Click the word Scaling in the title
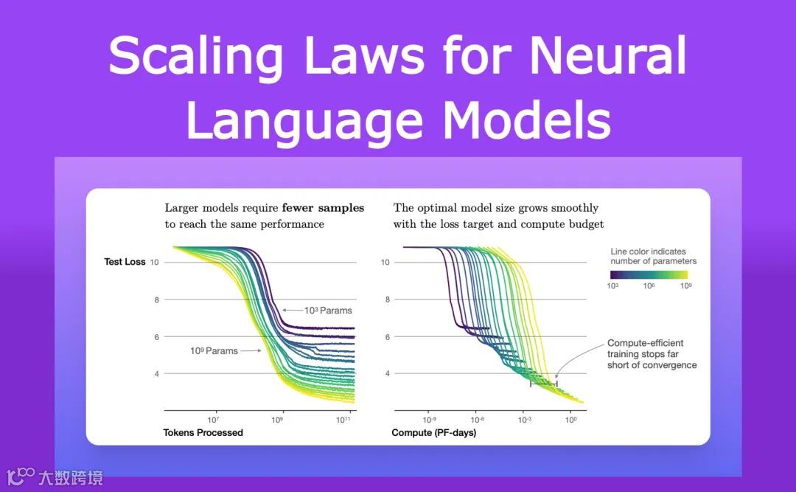196,57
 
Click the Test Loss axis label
125,262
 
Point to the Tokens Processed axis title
203,432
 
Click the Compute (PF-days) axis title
433,432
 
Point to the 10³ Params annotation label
328,311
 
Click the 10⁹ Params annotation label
214,351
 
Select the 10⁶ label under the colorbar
649,285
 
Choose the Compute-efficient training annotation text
652,354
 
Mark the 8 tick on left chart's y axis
156,299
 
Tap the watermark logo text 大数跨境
71,477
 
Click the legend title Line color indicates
653,252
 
